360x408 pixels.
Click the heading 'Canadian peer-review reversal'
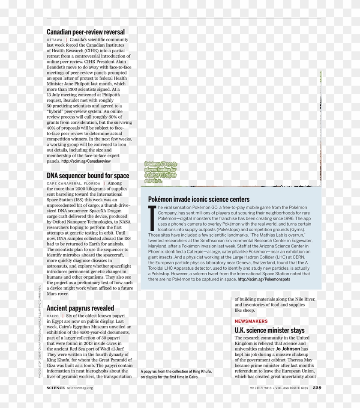coord(86,32)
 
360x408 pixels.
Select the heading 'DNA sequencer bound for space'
coord(88,176)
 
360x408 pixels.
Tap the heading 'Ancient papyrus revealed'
coord(80,308)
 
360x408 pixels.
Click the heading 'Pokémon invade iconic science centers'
coord(199,199)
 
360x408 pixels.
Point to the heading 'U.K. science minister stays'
coord(270,331)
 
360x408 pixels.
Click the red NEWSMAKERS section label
coord(251,321)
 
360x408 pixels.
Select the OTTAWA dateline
coord(54,40)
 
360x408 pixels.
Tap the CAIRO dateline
coord(53,316)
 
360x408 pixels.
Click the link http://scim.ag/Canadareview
coord(86,161)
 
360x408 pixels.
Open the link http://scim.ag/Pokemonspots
coord(264,279)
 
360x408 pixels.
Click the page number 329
coord(317,388)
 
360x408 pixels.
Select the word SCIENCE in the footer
coord(55,388)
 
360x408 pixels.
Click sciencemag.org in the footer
coord(80,388)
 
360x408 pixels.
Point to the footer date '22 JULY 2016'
coord(261,388)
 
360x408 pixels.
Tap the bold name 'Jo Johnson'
coord(288,349)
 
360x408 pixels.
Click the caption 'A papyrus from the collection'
coord(176,374)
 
